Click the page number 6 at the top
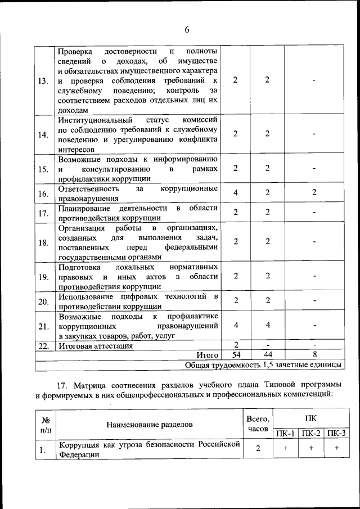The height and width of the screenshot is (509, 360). [186, 29]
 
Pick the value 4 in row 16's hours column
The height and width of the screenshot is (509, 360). [235, 192]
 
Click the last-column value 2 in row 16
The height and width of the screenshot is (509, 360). [314, 192]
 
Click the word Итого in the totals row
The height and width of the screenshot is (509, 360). [207, 355]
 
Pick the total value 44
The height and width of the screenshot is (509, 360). [267, 355]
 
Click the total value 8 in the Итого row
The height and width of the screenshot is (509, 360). [314, 355]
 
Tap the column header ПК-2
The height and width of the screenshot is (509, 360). [311, 434]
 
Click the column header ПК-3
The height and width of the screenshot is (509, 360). [336, 434]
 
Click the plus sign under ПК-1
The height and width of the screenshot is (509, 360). [286, 448]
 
